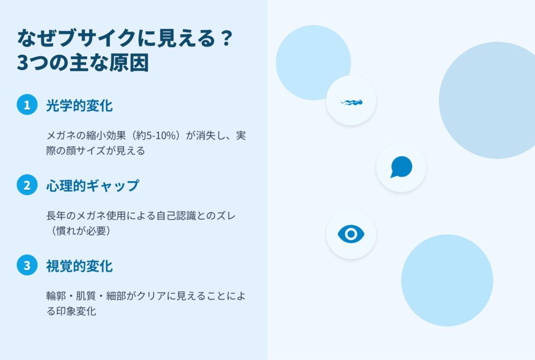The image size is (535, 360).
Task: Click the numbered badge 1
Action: click(27, 105)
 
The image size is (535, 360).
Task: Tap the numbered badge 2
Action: click(27, 185)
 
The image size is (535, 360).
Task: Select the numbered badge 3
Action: click(27, 265)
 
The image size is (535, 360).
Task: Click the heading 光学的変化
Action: click(79, 105)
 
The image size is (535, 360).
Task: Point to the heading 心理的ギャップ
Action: click(93, 186)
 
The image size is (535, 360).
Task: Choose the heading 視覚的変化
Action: click(79, 266)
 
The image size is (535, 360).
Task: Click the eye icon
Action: click(351, 234)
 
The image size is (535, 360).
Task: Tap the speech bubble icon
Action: click(401, 167)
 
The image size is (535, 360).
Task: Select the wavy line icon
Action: click(351, 102)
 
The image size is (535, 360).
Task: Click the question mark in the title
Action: click(226, 38)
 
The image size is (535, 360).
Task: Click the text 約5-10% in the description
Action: click(156, 135)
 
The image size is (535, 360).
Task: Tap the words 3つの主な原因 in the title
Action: click(83, 63)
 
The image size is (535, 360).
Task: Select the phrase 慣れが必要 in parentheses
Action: click(81, 231)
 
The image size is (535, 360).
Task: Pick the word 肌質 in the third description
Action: click(86, 295)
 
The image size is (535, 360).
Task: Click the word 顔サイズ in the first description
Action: click(86, 150)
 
